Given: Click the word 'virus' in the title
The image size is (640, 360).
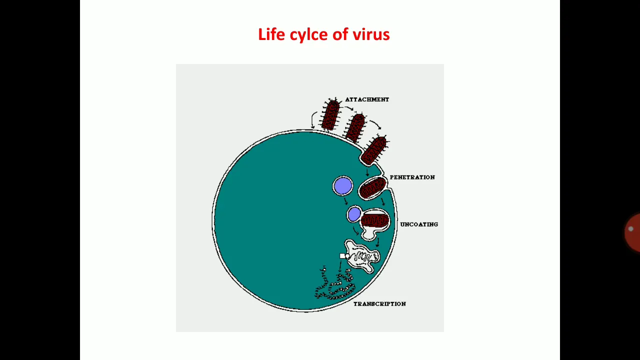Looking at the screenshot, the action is click(371, 34).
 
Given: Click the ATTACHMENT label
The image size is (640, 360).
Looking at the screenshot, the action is click(367, 99).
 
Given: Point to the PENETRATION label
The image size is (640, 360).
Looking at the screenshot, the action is click(412, 177).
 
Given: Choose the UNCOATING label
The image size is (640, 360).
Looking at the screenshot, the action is click(419, 224).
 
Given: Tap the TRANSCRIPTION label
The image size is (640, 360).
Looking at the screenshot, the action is click(379, 303).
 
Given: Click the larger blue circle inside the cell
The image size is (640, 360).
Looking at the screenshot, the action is click(343, 185).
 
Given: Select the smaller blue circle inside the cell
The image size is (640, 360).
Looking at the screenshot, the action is click(354, 214).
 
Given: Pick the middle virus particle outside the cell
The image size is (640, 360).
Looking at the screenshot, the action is click(355, 127).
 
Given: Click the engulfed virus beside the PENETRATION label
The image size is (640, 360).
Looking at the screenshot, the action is click(373, 187).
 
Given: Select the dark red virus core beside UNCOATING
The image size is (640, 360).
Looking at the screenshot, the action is click(375, 220).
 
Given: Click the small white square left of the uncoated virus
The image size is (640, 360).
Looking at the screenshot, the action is click(342, 255).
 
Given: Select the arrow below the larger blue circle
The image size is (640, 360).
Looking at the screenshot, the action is click(345, 201).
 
